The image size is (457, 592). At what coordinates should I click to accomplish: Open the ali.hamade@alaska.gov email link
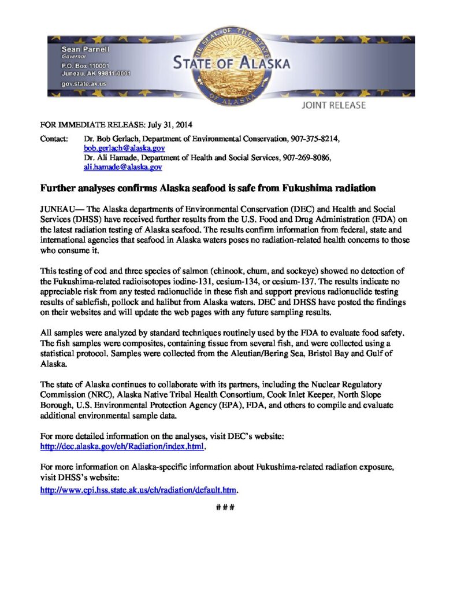(122, 167)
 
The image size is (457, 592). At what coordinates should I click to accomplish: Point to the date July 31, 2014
(168, 124)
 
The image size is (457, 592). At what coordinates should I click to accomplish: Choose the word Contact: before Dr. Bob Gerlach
(53, 139)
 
